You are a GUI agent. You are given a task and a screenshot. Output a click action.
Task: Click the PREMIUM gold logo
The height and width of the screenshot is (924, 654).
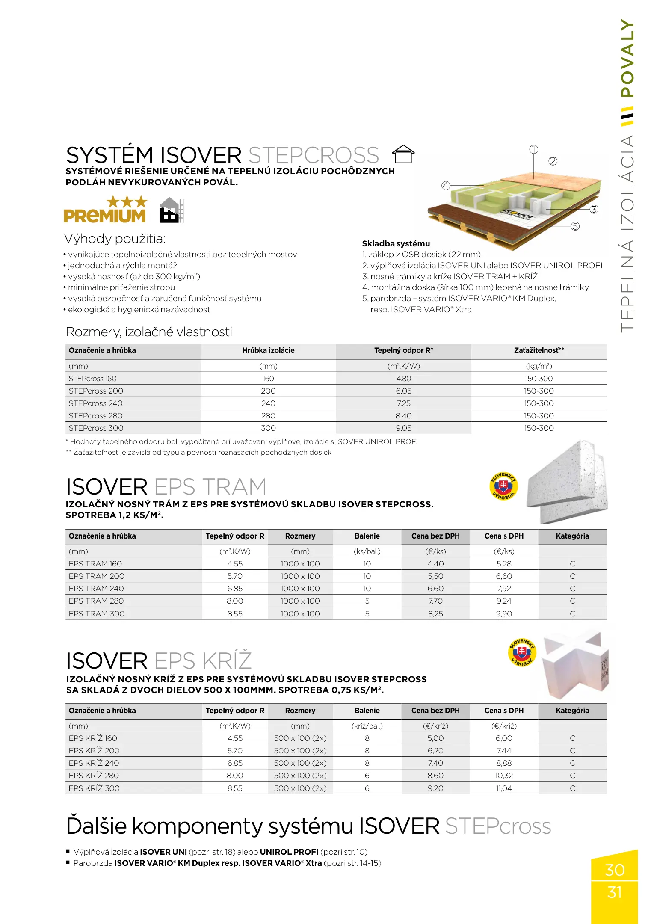click(105, 210)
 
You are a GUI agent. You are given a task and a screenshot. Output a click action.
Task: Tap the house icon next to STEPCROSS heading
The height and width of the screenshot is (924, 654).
click(403, 154)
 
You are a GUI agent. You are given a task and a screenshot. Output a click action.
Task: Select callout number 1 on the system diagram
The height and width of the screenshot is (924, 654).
click(533, 150)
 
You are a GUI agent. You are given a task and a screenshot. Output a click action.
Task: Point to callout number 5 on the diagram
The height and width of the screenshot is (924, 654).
click(575, 226)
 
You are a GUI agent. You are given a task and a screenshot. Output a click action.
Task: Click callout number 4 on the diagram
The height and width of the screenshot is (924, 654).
click(446, 186)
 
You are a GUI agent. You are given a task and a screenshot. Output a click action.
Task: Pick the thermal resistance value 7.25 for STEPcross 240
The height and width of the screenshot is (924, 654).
click(403, 403)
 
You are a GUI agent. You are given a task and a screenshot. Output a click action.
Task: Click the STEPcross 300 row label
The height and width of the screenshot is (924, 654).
click(96, 428)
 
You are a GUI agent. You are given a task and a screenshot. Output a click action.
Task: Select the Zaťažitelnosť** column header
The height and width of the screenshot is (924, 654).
click(539, 350)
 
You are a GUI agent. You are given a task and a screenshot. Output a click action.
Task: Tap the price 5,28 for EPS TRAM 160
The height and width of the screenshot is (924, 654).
click(504, 564)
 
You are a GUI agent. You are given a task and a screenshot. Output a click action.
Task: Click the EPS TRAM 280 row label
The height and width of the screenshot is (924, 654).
click(96, 601)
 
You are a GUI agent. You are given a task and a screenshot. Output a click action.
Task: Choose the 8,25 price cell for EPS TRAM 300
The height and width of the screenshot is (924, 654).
click(435, 614)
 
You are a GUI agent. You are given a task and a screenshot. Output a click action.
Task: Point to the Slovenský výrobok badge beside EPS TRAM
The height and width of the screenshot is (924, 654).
click(503, 486)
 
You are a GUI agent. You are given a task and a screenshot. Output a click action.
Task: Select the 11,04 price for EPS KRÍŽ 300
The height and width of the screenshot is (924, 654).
click(504, 788)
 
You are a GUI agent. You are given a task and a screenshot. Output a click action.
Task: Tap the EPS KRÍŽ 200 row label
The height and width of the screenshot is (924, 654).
click(94, 751)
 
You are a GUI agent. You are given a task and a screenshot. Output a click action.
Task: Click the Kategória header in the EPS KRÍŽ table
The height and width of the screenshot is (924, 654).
click(572, 711)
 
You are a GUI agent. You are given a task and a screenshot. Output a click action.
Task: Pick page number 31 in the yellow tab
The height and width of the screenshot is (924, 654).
click(614, 893)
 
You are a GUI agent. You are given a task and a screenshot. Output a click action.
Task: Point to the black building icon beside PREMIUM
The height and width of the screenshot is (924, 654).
click(171, 210)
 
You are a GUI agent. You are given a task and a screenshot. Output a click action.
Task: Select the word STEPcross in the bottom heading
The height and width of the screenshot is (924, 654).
click(498, 826)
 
